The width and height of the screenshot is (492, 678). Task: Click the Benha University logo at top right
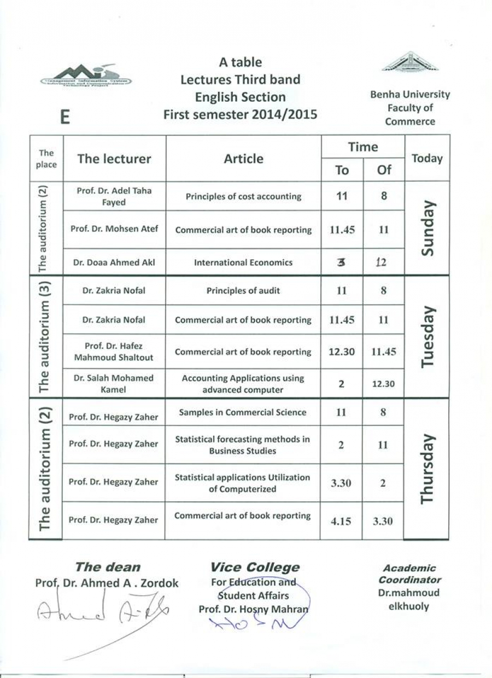(x=409, y=63)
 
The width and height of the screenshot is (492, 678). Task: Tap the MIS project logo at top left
(x=86, y=75)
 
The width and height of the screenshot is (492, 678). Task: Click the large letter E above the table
(x=65, y=116)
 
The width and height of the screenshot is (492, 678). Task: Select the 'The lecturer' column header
(x=114, y=159)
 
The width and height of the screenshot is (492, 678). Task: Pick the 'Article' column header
(x=243, y=159)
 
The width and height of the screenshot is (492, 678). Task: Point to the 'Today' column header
(x=427, y=159)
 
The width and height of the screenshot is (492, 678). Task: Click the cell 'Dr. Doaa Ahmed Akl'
(x=114, y=262)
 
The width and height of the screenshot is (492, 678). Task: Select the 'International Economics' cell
(x=243, y=262)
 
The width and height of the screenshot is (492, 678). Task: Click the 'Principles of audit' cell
(x=243, y=291)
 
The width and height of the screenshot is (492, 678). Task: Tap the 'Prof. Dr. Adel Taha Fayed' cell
(x=114, y=196)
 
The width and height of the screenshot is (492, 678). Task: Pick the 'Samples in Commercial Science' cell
(x=243, y=412)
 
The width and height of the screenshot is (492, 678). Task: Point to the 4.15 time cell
(x=341, y=521)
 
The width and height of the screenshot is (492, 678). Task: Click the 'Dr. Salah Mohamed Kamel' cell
(x=114, y=383)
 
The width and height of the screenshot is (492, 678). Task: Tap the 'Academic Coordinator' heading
(x=409, y=574)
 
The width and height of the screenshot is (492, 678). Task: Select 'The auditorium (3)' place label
(x=46, y=335)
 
